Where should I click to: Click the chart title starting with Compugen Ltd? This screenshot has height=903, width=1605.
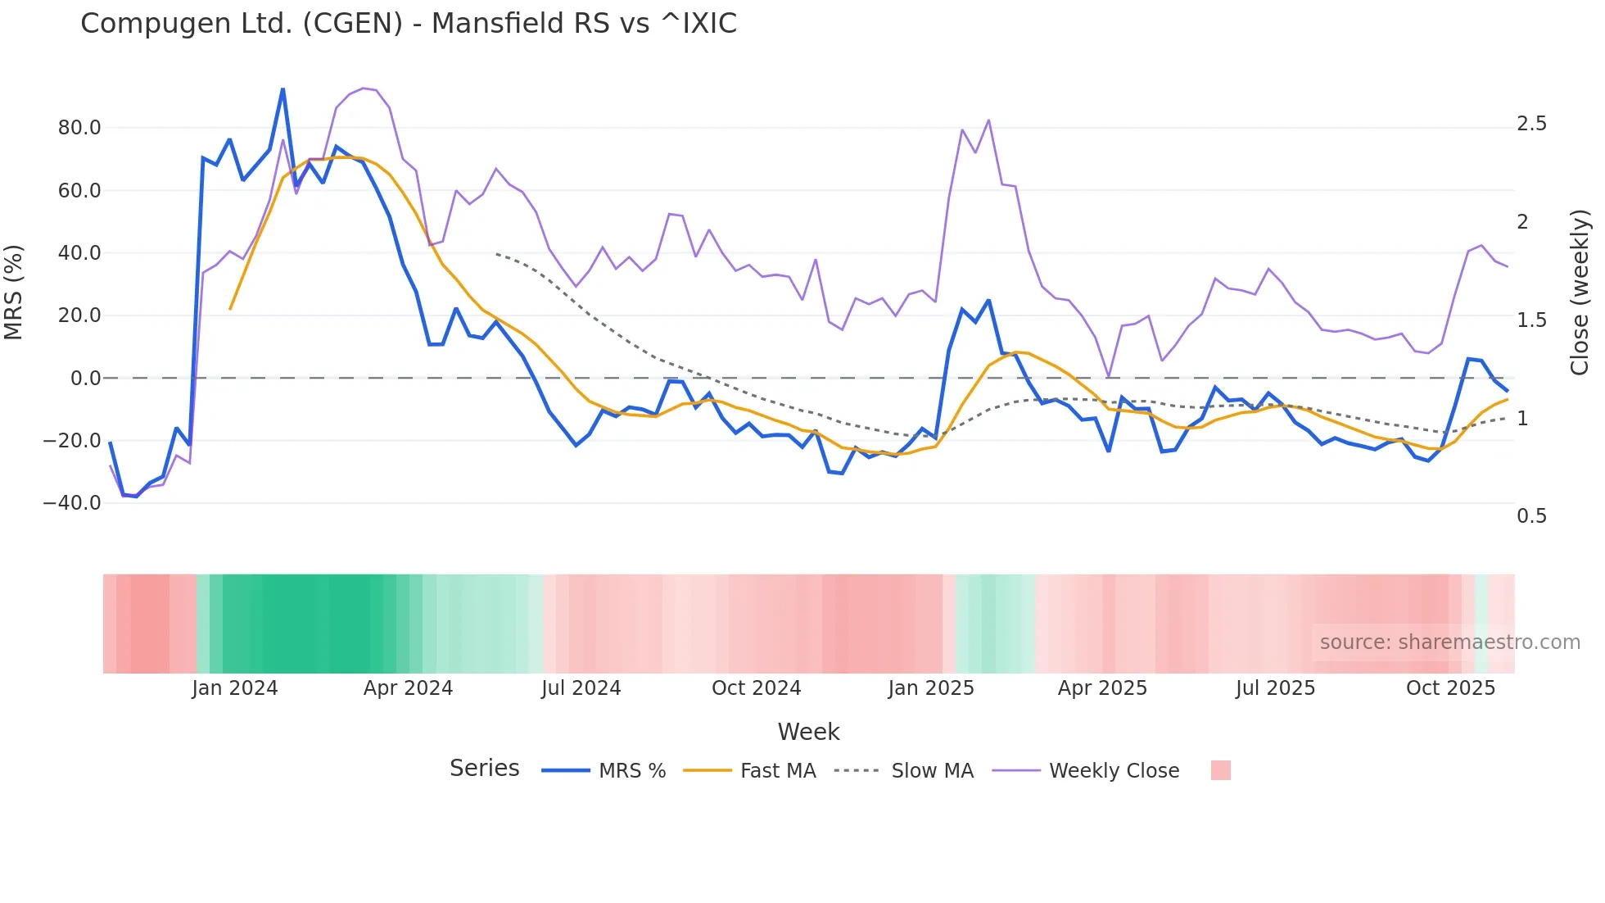(x=409, y=23)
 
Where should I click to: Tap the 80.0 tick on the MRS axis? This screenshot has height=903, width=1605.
(x=79, y=128)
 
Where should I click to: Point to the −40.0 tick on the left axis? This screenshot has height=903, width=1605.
(x=72, y=503)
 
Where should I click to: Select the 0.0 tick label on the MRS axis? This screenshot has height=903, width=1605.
(x=85, y=379)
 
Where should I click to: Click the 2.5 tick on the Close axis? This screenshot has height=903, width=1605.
(x=1531, y=124)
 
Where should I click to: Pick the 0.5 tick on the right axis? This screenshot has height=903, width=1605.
(x=1531, y=516)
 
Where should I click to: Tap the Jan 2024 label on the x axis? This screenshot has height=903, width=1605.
(x=235, y=688)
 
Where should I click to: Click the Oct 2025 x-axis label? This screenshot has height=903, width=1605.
(x=1450, y=688)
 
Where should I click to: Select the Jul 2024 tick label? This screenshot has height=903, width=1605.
(x=581, y=688)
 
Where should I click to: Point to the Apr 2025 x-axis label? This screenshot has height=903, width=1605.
(x=1102, y=688)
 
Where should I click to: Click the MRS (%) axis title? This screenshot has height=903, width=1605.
(x=14, y=293)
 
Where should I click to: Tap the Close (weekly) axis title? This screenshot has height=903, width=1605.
(x=1580, y=293)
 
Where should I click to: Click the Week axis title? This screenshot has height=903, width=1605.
(x=808, y=732)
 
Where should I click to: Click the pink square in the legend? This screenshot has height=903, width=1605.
(x=1220, y=770)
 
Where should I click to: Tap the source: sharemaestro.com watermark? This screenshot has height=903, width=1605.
(x=1449, y=642)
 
